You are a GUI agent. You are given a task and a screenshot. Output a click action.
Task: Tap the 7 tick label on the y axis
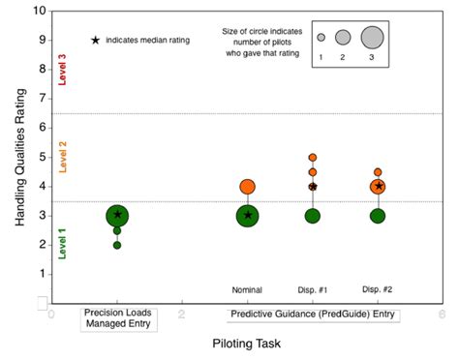[x=40, y=99]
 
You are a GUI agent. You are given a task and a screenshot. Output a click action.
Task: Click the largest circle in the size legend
[x=373, y=38]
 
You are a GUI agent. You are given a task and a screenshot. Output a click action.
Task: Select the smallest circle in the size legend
[x=321, y=38]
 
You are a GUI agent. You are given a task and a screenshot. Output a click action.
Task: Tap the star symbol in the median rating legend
[x=95, y=41]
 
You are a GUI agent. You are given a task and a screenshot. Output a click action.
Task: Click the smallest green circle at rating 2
[x=117, y=245]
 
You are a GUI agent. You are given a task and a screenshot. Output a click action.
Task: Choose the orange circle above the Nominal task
[x=247, y=187]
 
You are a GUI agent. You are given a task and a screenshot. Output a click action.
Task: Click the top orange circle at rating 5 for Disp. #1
[x=313, y=157]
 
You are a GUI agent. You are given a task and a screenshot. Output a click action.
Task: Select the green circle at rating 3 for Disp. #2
[x=378, y=216]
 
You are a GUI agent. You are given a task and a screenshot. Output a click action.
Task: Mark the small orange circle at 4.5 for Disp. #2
[x=378, y=172]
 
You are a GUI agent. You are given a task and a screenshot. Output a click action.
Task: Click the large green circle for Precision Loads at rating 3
[x=117, y=216]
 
